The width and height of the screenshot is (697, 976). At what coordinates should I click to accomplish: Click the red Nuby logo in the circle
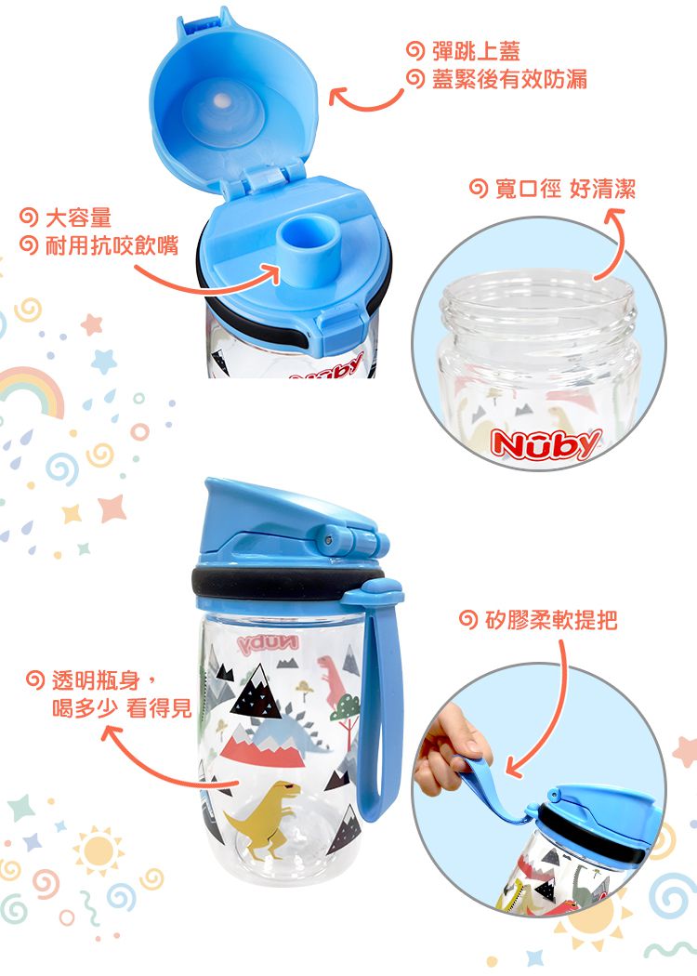[546, 445]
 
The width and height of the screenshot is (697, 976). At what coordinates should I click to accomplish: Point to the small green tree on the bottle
[345, 710]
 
